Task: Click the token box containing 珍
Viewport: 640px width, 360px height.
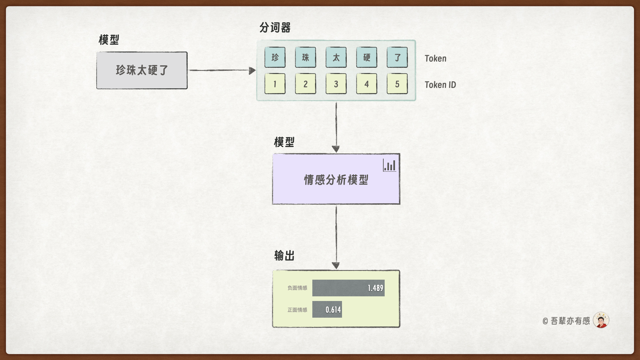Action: click(275, 57)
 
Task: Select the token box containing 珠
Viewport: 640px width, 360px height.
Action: click(305, 57)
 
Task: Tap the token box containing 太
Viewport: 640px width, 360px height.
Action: click(336, 57)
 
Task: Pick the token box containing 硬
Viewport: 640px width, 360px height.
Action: click(367, 57)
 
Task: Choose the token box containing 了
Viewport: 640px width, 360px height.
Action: click(397, 57)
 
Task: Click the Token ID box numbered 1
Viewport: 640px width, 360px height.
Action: click(275, 84)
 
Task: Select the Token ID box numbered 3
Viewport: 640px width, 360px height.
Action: click(336, 84)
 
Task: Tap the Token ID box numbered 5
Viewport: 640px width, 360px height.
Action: click(397, 84)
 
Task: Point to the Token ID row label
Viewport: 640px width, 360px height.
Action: click(440, 85)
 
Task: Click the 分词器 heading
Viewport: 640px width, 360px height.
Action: click(275, 28)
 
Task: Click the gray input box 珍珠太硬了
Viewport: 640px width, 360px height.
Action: click(142, 70)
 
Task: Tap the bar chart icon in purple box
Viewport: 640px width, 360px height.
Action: click(389, 165)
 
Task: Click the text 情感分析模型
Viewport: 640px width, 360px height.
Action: click(336, 180)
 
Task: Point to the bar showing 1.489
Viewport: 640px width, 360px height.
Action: click(348, 288)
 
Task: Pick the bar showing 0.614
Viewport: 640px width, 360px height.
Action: click(327, 309)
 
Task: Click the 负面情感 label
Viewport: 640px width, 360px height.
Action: click(297, 288)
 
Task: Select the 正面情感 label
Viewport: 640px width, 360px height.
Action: click(297, 310)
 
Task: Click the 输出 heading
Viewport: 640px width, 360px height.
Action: click(284, 256)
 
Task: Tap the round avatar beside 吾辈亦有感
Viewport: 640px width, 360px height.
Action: click(601, 320)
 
